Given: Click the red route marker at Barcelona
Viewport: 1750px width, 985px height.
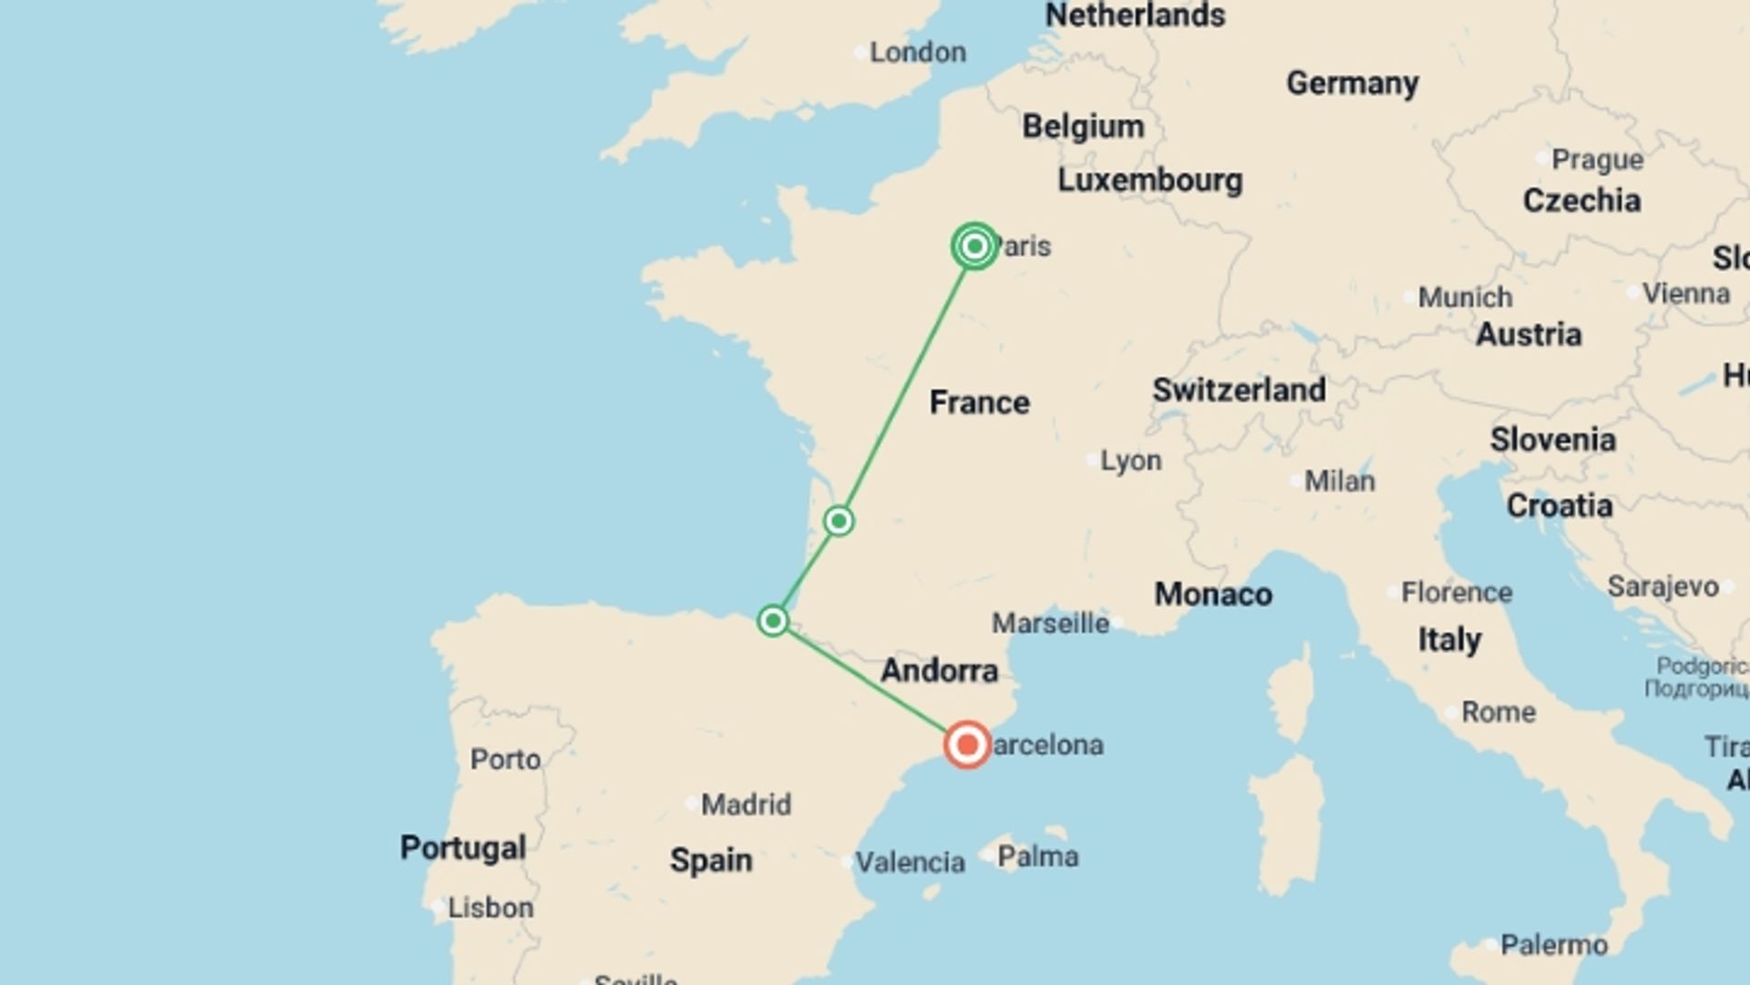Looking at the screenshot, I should [x=967, y=745].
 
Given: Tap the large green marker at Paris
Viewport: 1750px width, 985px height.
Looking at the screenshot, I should [x=974, y=246].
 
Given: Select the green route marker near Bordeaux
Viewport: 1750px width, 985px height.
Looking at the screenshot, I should [x=839, y=521].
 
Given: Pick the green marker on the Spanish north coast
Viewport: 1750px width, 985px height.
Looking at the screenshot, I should [x=773, y=621].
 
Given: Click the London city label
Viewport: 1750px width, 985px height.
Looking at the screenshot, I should [x=917, y=53].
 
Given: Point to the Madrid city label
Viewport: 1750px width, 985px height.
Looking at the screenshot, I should [x=746, y=804].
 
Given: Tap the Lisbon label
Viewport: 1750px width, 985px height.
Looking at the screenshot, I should [x=490, y=907].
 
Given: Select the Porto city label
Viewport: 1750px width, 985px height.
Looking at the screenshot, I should [x=505, y=759].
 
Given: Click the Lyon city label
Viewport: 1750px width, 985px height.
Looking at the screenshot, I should [x=1130, y=461].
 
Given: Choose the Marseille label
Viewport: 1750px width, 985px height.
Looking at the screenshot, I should [x=1050, y=624].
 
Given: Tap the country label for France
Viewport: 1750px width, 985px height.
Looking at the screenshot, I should [x=980, y=402].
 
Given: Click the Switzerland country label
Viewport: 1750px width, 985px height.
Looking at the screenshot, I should [x=1239, y=390].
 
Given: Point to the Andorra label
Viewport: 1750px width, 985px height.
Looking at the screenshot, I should [x=939, y=671].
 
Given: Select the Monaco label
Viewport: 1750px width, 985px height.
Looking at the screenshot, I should [x=1213, y=595].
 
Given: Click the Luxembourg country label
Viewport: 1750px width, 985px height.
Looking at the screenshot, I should [x=1149, y=181].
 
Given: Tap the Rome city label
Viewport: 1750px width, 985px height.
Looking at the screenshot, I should [x=1498, y=711].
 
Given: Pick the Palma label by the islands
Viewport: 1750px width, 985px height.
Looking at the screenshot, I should [x=1037, y=856].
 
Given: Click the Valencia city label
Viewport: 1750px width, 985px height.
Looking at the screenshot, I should [x=910, y=862].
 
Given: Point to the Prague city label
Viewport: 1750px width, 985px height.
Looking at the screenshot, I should [x=1597, y=160].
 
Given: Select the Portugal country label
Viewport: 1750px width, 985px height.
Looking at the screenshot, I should [x=463, y=847].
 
